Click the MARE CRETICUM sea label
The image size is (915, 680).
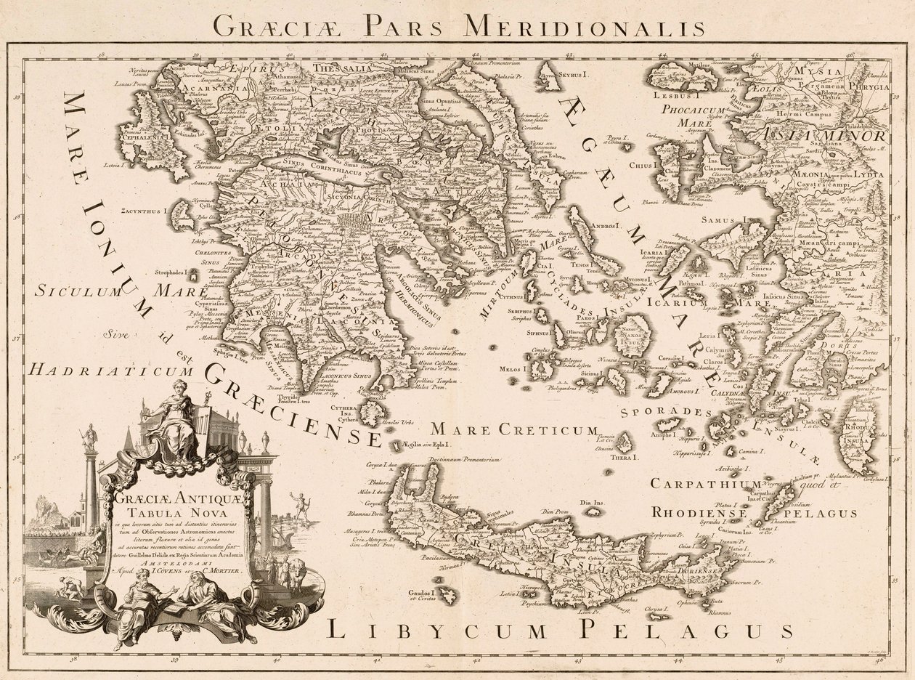pyautogui.click(x=514, y=430)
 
